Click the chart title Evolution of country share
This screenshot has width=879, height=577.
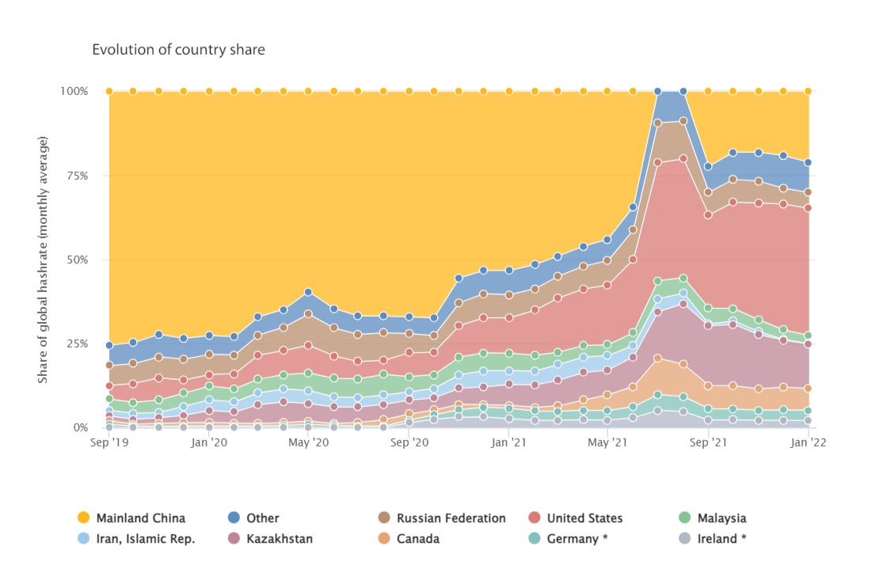[x=178, y=50]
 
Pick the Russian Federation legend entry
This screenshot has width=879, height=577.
[x=451, y=518]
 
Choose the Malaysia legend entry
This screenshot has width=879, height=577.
[x=721, y=518]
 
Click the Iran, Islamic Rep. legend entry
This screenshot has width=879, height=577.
[x=145, y=539]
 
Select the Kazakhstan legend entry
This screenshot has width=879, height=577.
[x=280, y=539]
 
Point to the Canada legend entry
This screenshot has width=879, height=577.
[x=418, y=539]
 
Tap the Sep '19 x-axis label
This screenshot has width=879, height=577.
[x=109, y=443]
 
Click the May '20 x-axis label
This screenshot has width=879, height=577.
[x=309, y=443]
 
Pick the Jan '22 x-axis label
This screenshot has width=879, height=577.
[x=808, y=443]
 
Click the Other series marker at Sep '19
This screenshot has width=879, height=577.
[x=109, y=345]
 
